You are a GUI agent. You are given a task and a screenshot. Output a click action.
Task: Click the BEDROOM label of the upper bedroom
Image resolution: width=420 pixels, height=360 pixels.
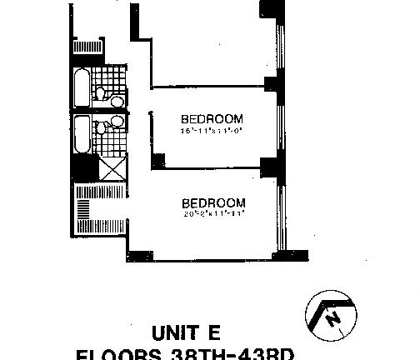pyautogui.click(x=212, y=117)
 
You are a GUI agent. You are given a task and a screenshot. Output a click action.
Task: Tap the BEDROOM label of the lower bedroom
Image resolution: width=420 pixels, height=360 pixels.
pyautogui.click(x=212, y=202)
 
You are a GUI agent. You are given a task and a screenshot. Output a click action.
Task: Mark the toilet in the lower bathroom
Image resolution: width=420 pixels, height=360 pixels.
pyautogui.click(x=116, y=122)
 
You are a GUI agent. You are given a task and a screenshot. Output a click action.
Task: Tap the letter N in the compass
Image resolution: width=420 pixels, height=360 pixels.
pyautogui.click(x=331, y=317)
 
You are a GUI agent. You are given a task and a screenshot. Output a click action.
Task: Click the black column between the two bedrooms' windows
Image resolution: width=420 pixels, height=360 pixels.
pyautogui.click(x=268, y=166)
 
